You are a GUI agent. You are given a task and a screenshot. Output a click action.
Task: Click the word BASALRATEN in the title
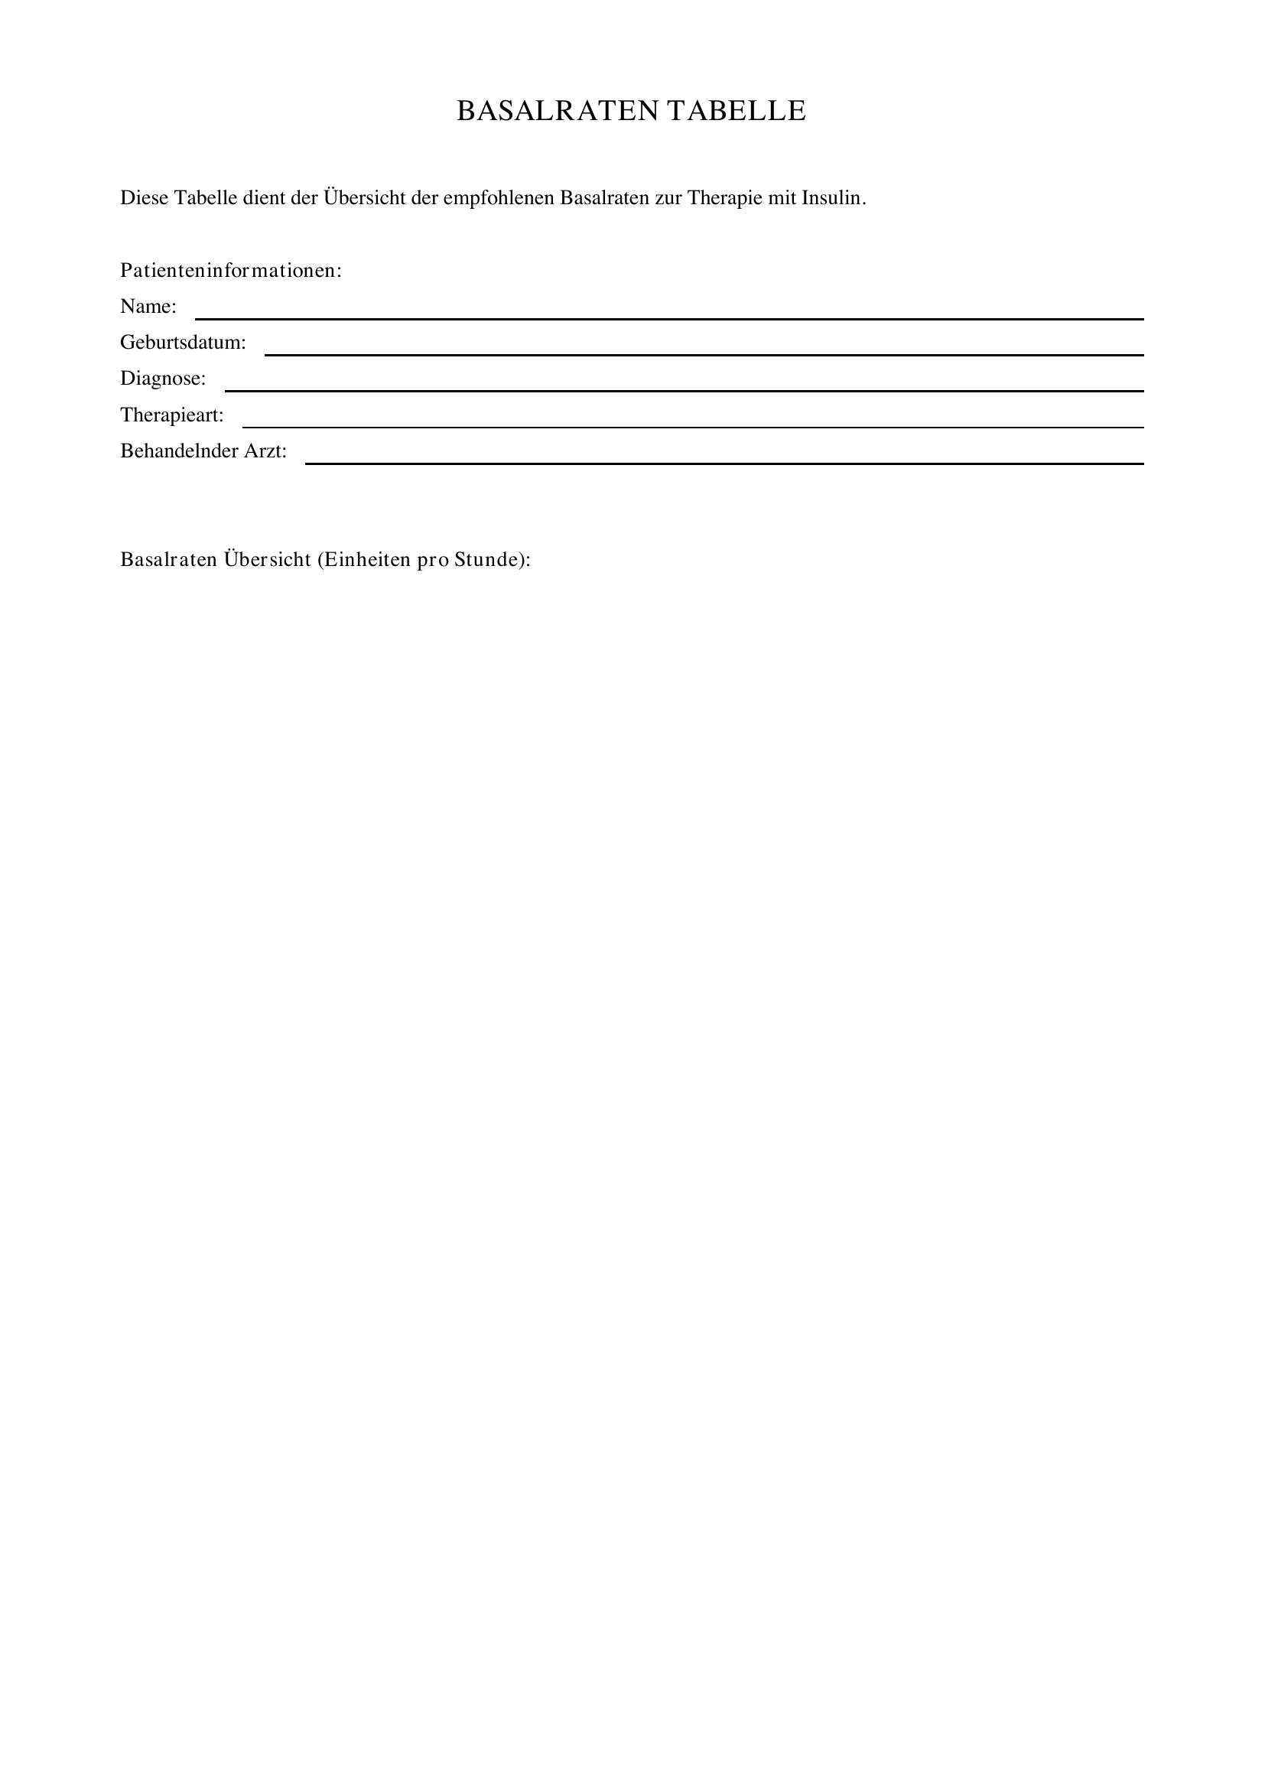coord(557,111)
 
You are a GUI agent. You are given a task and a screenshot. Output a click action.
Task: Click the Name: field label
coord(148,306)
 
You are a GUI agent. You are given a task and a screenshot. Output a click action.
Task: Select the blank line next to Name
coord(668,317)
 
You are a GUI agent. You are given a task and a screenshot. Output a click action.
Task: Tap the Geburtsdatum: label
coord(183,342)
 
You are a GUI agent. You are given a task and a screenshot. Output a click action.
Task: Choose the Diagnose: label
coord(163,379)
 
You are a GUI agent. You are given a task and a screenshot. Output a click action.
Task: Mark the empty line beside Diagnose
coord(684,389)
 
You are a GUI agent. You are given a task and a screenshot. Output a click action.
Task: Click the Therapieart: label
coord(171,415)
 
